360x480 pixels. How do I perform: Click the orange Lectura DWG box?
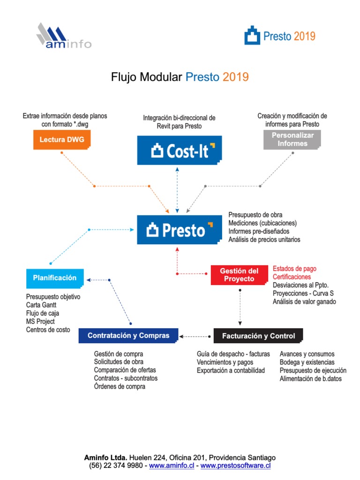pos(61,140)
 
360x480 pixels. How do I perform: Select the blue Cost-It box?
pos(179,150)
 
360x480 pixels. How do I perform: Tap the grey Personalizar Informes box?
pos(292,139)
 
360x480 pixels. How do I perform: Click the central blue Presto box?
pos(179,230)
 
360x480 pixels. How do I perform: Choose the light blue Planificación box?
pos(55,278)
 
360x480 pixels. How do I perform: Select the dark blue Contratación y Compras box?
pos(128,336)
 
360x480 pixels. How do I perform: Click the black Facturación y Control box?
pos(258,336)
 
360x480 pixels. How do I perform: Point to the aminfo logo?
pos(63,36)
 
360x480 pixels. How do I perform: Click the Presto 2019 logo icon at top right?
pos(252,36)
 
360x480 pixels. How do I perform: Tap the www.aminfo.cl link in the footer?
pos(172,465)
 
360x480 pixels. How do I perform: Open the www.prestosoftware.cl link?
pos(236,465)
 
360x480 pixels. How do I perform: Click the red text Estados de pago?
pos(294,269)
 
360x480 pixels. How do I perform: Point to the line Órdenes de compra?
pos(120,387)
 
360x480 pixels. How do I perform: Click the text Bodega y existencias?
pos(307,362)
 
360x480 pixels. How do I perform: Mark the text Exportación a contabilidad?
pos(231,370)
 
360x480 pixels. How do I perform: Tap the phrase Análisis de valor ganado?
pos(304,302)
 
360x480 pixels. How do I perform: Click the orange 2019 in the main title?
pos(235,77)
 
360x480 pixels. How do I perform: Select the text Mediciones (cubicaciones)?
pos(262,223)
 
